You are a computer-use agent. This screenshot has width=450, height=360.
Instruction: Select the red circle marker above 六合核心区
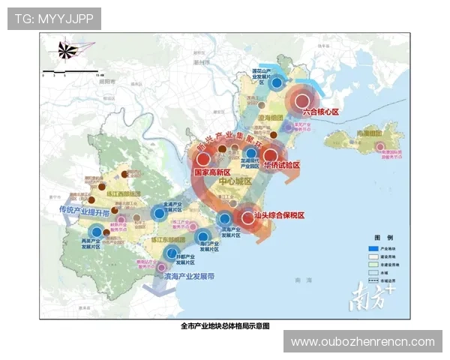302,101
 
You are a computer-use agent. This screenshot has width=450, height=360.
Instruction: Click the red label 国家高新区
211,172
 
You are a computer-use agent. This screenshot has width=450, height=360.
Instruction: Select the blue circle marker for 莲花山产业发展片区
277,84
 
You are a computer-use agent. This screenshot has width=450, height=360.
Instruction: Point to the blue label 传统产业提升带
84,210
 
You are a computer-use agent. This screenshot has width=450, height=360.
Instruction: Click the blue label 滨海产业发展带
188,276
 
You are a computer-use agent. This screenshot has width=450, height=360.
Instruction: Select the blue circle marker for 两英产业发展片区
96,232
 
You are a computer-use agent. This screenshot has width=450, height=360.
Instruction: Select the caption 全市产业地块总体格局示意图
224,326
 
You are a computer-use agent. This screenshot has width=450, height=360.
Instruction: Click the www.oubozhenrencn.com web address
362,342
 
